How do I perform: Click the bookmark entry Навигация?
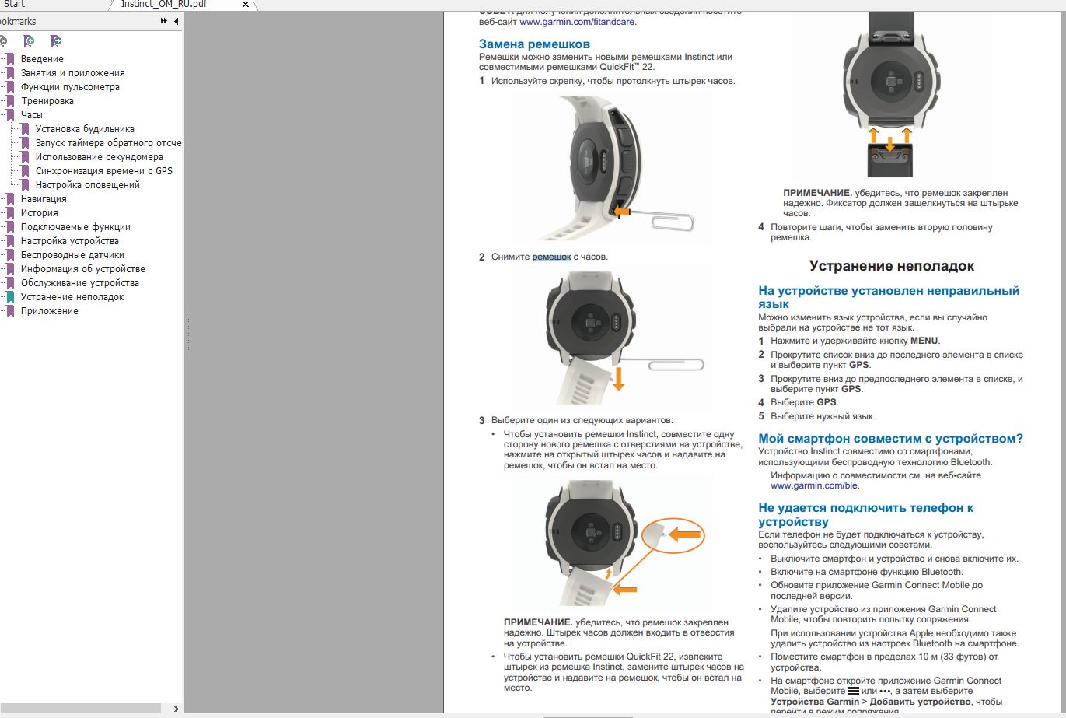(44, 199)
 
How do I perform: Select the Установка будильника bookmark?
(85, 129)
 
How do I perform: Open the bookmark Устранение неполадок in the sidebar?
(72, 297)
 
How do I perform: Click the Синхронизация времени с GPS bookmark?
(104, 171)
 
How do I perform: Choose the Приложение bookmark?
(50, 311)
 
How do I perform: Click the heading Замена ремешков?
(534, 44)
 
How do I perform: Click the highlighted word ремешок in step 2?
(551, 257)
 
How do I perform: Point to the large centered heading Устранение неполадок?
(891, 266)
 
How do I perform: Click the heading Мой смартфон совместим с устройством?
(890, 439)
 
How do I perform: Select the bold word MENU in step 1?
(924, 341)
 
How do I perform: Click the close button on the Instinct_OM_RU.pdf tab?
(246, 5)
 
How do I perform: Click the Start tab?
(15, 5)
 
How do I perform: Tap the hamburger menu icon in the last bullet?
(853, 691)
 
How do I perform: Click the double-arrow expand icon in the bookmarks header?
(164, 21)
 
